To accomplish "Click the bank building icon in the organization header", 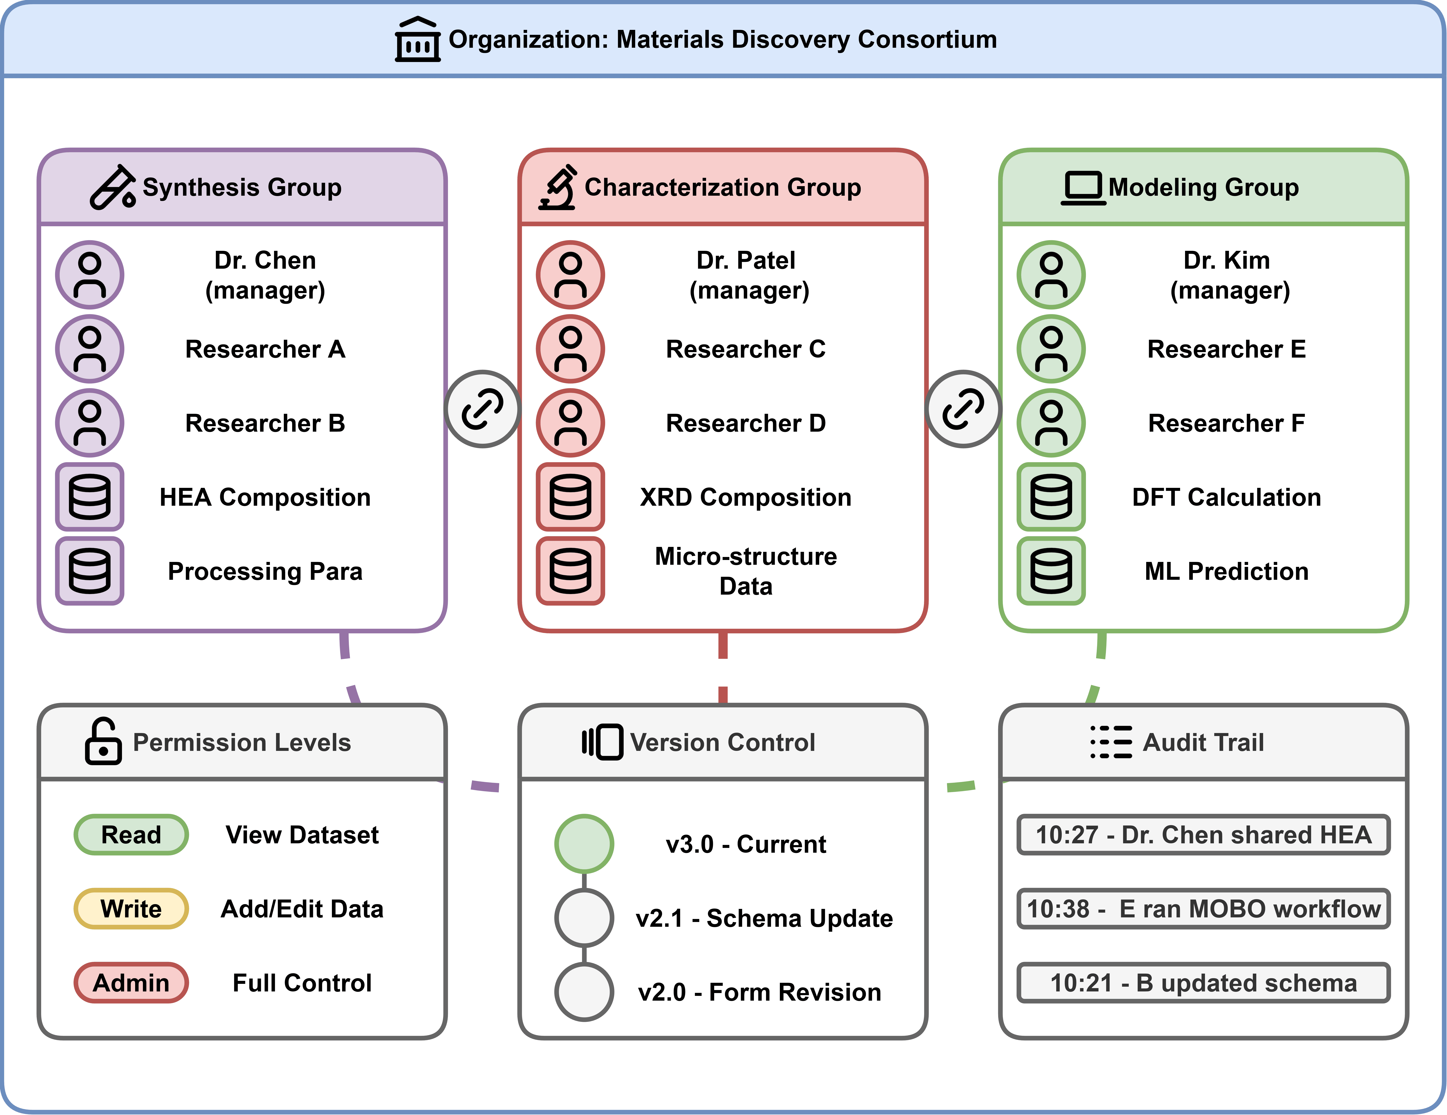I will point(417,40).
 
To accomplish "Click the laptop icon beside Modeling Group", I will point(1083,188).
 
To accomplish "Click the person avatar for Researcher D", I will point(571,423).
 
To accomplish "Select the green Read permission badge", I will point(131,835).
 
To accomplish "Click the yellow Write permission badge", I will point(131,909).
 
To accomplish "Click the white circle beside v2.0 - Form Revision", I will point(584,992).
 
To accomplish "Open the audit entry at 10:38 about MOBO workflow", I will point(1203,909).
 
